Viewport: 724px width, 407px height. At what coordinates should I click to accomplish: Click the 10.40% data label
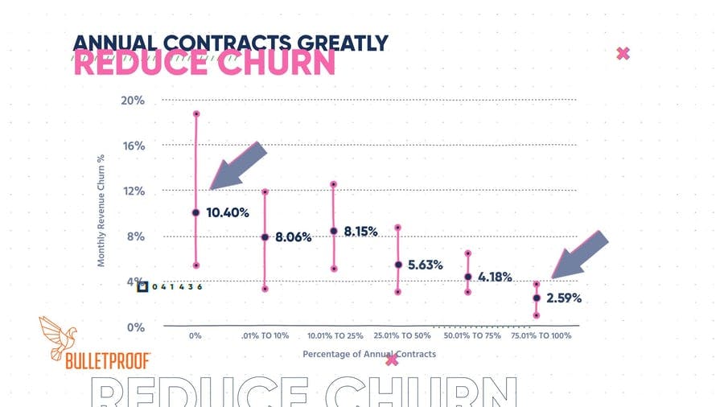228,213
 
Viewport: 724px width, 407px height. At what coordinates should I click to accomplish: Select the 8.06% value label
293,237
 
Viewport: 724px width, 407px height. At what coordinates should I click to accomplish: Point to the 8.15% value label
361,232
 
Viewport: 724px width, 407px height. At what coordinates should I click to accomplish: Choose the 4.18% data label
495,277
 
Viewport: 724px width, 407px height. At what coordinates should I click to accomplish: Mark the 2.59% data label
563,298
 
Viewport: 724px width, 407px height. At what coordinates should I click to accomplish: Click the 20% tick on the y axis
133,101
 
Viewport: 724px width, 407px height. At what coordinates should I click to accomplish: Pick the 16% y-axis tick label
133,146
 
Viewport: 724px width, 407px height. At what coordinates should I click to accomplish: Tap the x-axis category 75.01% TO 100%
541,335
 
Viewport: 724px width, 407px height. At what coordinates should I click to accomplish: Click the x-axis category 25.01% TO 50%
403,335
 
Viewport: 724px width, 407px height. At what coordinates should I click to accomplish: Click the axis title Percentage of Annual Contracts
369,354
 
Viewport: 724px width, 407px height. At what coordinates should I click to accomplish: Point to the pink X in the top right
622,54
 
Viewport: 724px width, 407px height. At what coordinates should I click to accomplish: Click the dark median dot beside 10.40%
195,213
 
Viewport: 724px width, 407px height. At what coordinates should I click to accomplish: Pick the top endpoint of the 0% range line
195,114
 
